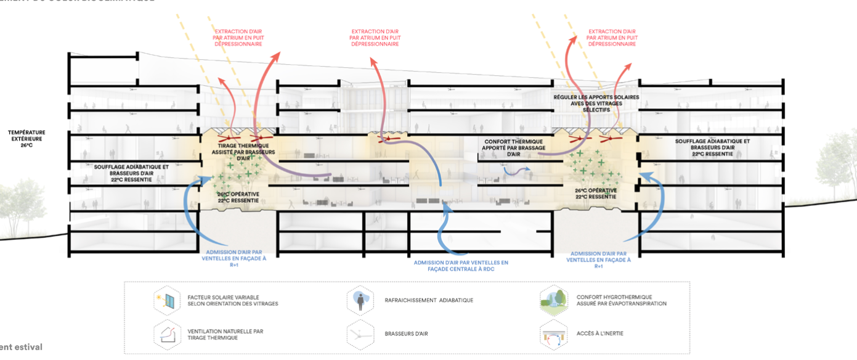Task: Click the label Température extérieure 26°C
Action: [x=26, y=139]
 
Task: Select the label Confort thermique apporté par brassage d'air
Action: [x=513, y=146]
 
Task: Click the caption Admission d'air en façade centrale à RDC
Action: [x=461, y=266]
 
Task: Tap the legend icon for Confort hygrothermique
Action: [x=552, y=300]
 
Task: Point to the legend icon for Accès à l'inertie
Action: [x=552, y=334]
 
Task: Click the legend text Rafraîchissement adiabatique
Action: [x=429, y=300]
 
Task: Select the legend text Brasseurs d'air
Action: [x=406, y=333]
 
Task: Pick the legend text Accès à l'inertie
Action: [x=599, y=333]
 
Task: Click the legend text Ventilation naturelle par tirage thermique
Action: [x=225, y=334]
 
